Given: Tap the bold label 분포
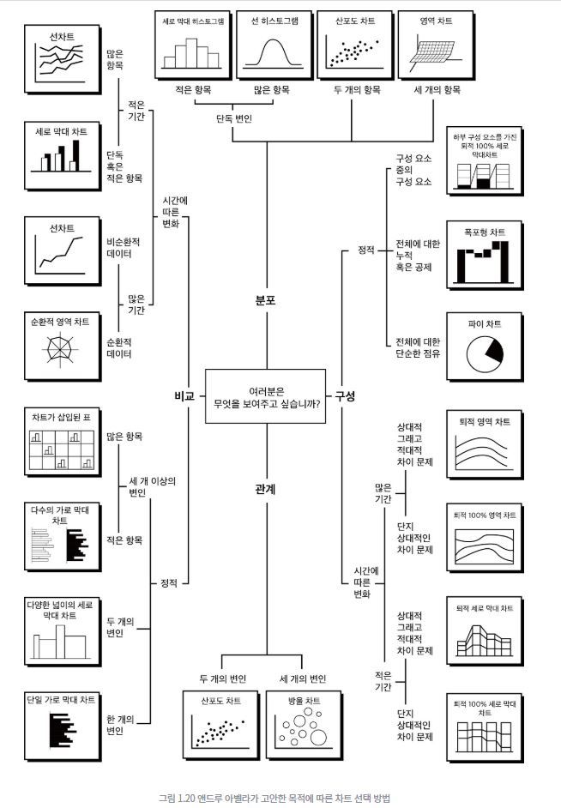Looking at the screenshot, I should (x=265, y=301).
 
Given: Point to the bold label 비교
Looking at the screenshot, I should (x=184, y=395).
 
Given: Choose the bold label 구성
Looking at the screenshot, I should (x=345, y=395).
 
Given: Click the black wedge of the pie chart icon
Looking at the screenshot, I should (x=492, y=348).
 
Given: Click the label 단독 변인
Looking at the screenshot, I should (x=234, y=118).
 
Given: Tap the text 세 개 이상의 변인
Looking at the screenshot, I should (x=152, y=486).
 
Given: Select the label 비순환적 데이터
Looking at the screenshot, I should (x=123, y=247).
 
